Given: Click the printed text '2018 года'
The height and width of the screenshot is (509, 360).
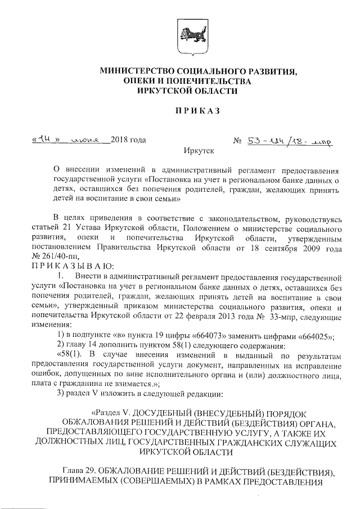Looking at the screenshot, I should (x=128, y=139).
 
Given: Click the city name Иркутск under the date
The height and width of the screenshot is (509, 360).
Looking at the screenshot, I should (x=196, y=151).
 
